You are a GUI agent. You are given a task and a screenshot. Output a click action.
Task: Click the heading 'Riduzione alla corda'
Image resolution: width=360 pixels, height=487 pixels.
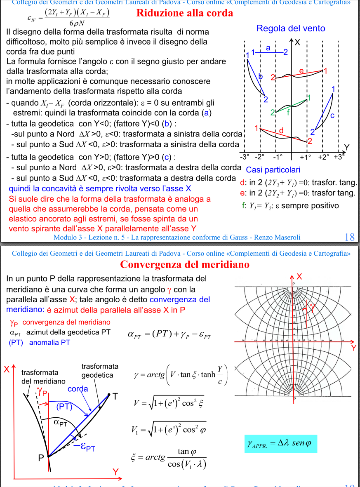coord(185,13)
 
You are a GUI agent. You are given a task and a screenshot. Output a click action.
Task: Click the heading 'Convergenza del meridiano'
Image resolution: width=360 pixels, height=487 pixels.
coord(185,264)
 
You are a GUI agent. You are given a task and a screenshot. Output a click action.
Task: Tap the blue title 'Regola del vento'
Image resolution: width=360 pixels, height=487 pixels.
coord(291,28)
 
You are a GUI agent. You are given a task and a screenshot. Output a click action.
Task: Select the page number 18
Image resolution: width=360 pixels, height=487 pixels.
coord(349,237)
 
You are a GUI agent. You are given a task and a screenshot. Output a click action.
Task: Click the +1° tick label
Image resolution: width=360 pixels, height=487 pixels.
coord(306,157)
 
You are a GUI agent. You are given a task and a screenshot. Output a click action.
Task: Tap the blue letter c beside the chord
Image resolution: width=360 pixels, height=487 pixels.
coord(332,115)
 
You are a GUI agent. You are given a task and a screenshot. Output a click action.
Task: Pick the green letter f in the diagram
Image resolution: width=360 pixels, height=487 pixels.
coord(288,111)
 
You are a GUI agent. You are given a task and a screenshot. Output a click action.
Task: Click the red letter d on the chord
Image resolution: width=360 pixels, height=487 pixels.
coord(281,131)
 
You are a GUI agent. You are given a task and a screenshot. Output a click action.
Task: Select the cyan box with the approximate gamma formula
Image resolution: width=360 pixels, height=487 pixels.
coord(280,444)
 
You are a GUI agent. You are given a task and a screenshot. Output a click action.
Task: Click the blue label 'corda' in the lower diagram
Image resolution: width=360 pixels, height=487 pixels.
coord(78,389)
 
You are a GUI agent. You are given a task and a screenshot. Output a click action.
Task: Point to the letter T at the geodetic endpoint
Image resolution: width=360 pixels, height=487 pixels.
coord(115,396)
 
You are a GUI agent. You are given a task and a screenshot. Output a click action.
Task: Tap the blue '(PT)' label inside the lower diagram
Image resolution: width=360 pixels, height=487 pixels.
coord(64,407)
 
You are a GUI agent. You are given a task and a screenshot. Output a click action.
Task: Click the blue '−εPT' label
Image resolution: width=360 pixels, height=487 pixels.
coord(84,447)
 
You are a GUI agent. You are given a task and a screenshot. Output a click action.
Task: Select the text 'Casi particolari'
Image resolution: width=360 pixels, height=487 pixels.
coord(273,170)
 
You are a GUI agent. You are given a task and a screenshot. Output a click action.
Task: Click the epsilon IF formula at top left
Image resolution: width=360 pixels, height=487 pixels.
coord(68,17)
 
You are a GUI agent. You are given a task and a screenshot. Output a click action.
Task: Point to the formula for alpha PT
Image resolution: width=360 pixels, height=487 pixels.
coord(169,334)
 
